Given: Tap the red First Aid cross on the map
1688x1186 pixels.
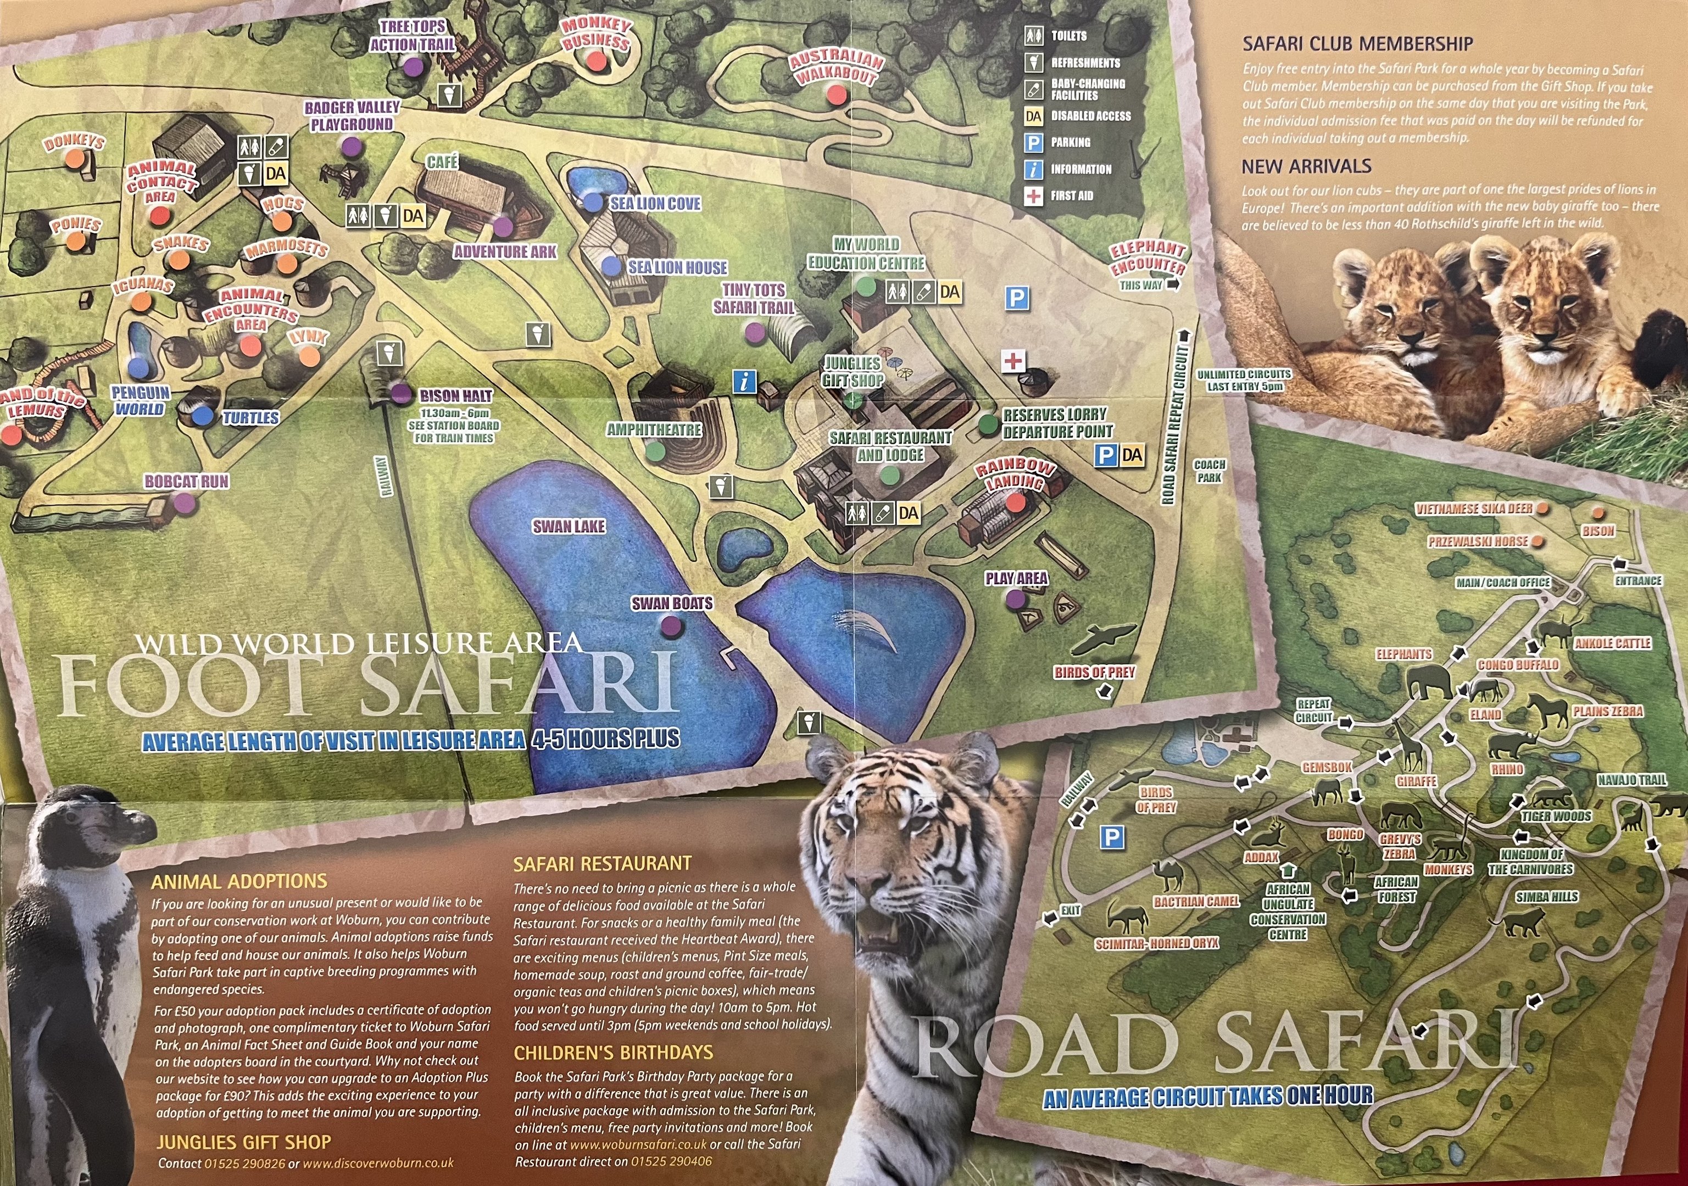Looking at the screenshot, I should click(x=1014, y=360).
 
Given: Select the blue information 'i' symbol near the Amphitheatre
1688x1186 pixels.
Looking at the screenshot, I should click(x=745, y=381).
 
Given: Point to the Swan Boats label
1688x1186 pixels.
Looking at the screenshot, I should click(x=672, y=603).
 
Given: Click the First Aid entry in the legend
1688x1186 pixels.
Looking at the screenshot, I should click(x=1071, y=195).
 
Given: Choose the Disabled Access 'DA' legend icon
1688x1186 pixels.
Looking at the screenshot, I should click(x=1034, y=116).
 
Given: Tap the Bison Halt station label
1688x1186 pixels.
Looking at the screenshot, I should click(x=455, y=395).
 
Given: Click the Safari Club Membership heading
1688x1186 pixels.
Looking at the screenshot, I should click(x=1357, y=44).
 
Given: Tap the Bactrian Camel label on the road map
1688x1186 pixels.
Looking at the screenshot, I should click(x=1196, y=901).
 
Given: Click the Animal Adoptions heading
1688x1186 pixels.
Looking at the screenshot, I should click(x=239, y=881).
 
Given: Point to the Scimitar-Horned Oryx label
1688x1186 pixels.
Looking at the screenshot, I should click(x=1156, y=943).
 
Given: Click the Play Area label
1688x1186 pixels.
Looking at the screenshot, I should click(x=1016, y=578).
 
